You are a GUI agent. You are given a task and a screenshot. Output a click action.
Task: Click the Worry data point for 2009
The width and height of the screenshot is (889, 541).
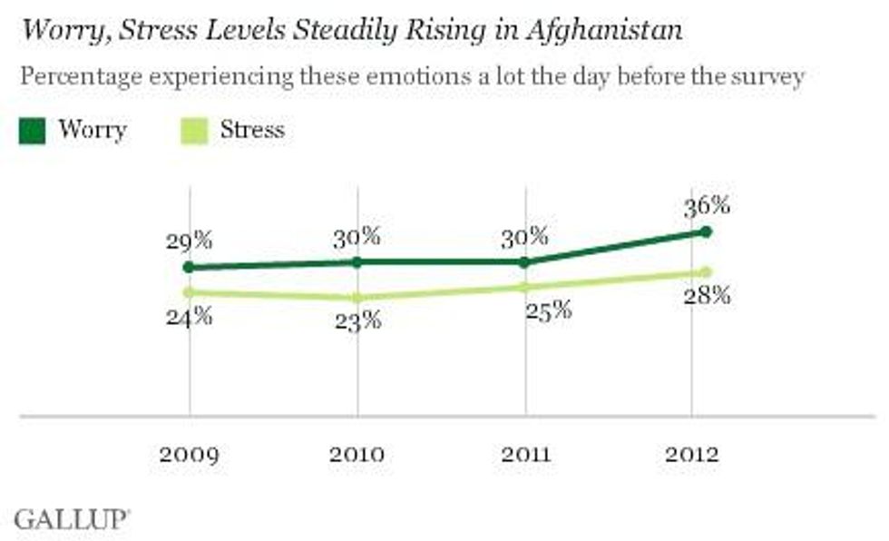coord(189,267)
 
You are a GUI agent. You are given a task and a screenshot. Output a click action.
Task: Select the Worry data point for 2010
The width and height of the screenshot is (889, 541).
coord(357,261)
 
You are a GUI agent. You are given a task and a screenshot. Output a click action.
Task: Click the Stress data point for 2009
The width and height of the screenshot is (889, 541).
coord(189,292)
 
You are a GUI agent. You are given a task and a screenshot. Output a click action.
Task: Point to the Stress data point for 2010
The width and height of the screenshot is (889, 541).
coord(357,298)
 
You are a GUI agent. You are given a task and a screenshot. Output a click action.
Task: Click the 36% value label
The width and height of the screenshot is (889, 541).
coord(708,205)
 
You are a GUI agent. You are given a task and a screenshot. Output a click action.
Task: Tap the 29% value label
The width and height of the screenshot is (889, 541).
coord(190,241)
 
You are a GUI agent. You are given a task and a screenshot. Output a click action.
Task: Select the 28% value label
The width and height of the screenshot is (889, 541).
coord(708,296)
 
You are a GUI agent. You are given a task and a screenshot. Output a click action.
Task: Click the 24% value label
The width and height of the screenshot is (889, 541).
coord(190,317)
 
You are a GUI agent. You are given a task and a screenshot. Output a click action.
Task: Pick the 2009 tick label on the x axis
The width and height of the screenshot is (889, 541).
coord(189,454)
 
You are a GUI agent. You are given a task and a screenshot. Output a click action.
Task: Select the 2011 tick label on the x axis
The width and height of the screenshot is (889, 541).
coord(525,454)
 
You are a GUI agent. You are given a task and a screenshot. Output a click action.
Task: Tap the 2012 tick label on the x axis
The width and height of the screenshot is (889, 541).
coord(691,454)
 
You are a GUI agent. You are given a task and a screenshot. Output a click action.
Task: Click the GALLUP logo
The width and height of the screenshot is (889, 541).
coord(72,519)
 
